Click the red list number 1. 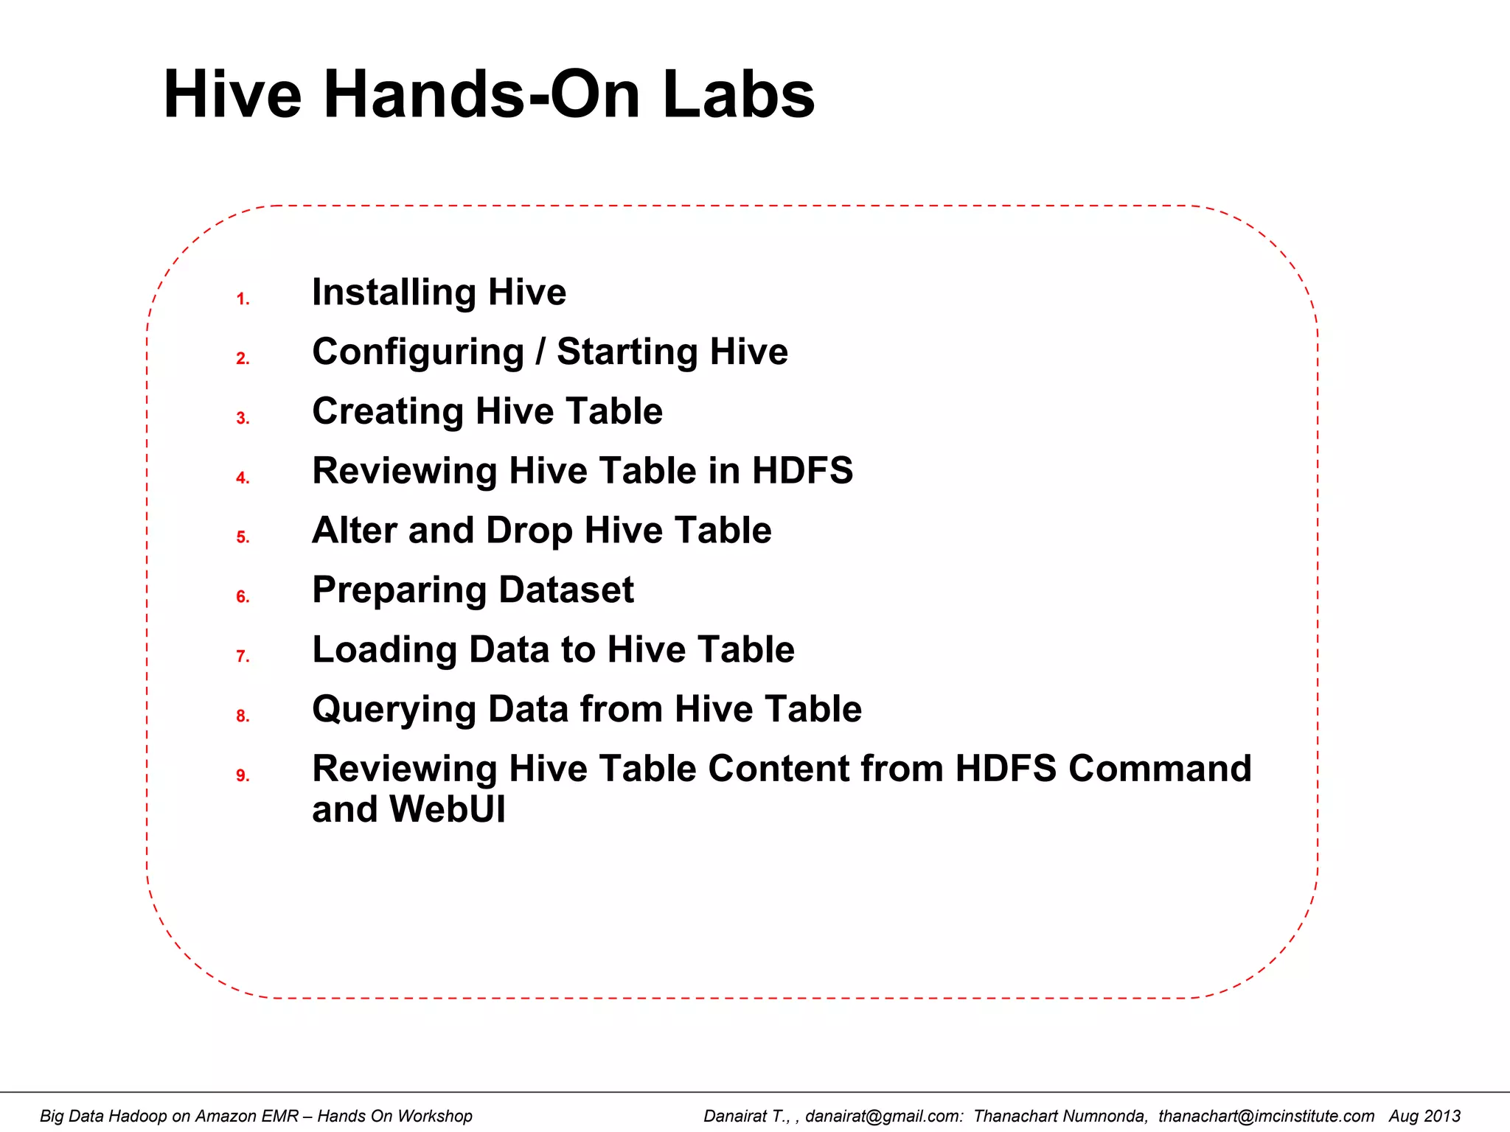[x=242, y=299]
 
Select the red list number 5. [x=242, y=537]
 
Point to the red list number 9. [x=242, y=775]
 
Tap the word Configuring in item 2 [x=418, y=352]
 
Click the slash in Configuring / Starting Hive [x=540, y=352]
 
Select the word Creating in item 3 [x=387, y=412]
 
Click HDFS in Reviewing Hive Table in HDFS [x=802, y=471]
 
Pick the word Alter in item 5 [x=354, y=531]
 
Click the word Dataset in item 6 [x=566, y=590]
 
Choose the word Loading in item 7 [x=383, y=651]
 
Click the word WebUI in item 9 [x=447, y=809]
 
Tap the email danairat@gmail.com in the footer [x=883, y=1116]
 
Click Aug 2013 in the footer [x=1424, y=1116]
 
